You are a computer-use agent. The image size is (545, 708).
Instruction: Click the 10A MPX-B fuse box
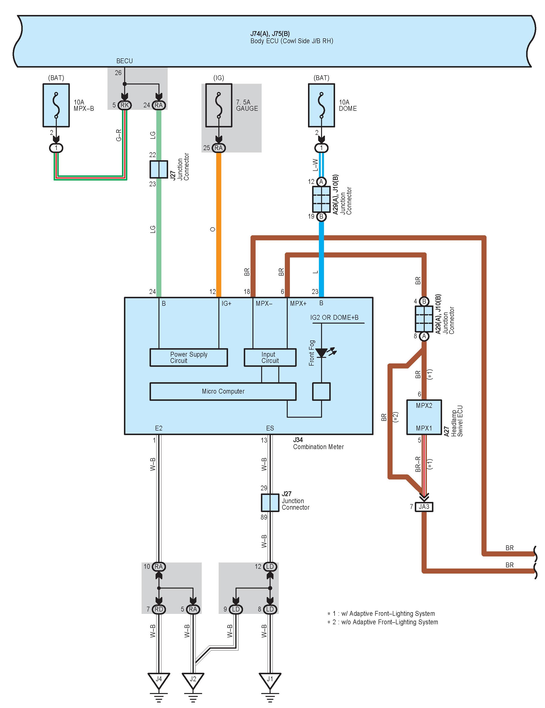point(56,105)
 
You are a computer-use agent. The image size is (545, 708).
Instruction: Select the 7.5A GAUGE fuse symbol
point(219,105)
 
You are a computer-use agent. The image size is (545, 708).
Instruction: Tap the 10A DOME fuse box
point(322,105)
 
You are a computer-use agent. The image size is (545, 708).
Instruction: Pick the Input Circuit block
point(270,357)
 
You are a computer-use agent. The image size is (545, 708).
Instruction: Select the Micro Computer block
point(223,391)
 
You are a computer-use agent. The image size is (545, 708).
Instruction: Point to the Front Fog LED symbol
point(324,353)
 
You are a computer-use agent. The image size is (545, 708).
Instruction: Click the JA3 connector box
point(424,507)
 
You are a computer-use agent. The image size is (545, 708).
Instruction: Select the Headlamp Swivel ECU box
point(424,417)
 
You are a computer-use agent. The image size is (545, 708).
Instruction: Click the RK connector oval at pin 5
point(125,105)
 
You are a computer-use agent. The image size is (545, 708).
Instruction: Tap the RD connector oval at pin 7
point(159,609)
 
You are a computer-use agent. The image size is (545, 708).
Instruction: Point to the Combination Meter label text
point(318,447)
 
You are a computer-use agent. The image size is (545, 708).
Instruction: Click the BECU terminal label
point(125,61)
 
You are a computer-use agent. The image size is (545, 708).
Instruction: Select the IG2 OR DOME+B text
point(334,318)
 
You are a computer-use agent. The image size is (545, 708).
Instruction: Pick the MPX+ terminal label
point(298,304)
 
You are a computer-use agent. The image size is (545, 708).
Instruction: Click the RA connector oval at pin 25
point(219,148)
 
